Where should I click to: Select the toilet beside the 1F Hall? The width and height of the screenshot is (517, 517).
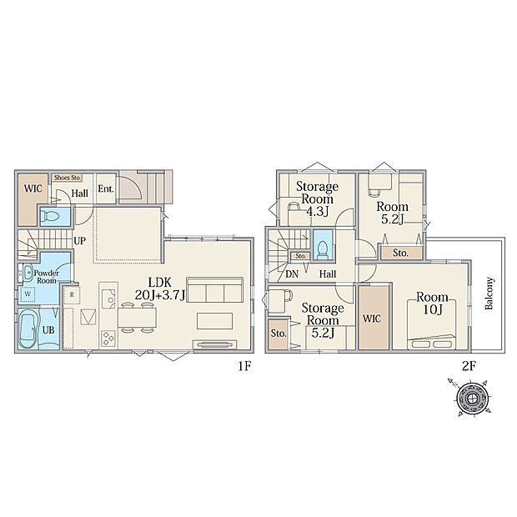[50, 216]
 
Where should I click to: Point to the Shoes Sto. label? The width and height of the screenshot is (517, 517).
[68, 178]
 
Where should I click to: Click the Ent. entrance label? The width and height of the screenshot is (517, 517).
[106, 189]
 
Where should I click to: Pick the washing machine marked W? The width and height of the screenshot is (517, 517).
[28, 294]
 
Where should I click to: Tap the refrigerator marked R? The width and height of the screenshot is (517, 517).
[73, 294]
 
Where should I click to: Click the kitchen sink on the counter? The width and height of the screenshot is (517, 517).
[108, 299]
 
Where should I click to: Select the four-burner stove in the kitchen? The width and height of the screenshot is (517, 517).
[108, 339]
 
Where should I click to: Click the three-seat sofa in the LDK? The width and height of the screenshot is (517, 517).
[214, 290]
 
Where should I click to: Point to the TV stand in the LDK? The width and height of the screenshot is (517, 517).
[214, 344]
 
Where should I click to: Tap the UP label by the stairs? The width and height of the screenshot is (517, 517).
[79, 241]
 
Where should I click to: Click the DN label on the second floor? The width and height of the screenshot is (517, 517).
[292, 274]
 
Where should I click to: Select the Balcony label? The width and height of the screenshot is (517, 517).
[489, 294]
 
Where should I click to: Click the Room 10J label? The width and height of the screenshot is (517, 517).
[432, 304]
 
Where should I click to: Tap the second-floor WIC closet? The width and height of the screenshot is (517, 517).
[374, 318]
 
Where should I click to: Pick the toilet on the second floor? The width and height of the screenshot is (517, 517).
[322, 249]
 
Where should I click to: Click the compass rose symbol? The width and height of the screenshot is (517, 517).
[472, 397]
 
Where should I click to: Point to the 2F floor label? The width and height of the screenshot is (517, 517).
[469, 366]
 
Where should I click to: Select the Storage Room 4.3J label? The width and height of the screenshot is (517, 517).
[317, 198]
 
